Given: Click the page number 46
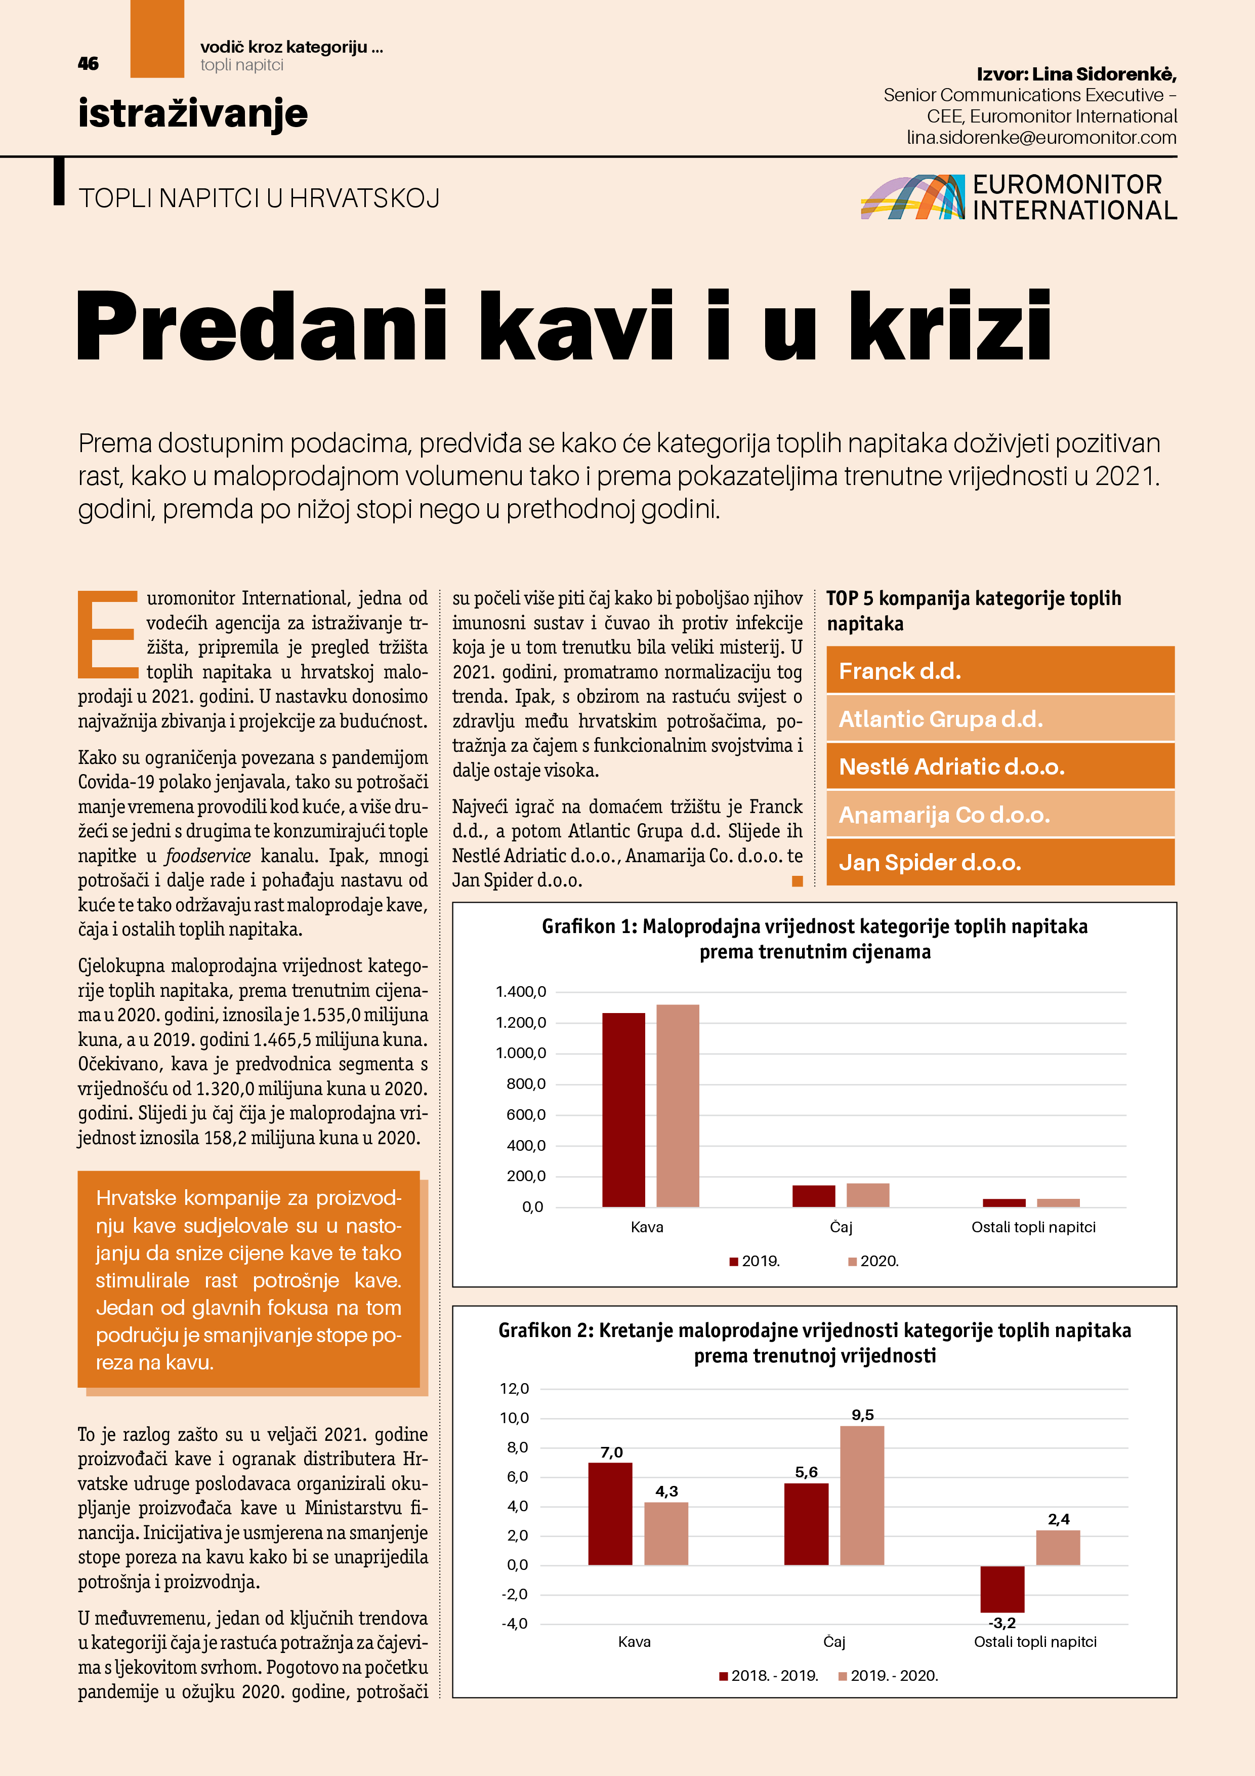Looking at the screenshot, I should tap(88, 63).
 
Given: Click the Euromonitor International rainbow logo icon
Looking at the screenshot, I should tap(912, 197).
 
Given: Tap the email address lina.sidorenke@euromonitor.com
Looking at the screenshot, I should tap(1041, 138).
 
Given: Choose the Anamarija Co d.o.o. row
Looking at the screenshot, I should tap(1000, 815).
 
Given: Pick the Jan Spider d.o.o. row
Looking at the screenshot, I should tap(1000, 863).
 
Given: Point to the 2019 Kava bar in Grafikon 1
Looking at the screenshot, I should tap(623, 1110).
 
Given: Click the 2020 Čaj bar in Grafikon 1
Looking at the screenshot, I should tap(867, 1195).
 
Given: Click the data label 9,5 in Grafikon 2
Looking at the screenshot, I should tap(862, 1415).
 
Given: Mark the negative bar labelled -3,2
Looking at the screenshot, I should tap(1002, 1589).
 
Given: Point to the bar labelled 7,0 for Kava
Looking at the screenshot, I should tap(610, 1513).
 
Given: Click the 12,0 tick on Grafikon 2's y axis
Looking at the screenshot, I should tap(514, 1389).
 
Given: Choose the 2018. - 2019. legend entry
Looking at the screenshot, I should tap(769, 1675).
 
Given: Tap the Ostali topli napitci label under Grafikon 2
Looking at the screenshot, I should tap(1035, 1641).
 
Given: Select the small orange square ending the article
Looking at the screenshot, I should tap(797, 881).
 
